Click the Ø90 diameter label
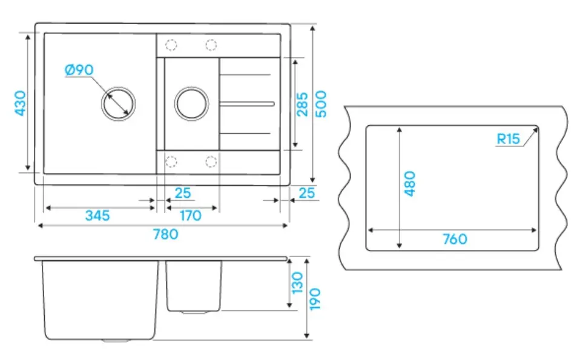[x=79, y=70]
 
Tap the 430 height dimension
[x=20, y=103]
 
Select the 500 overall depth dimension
[x=321, y=103]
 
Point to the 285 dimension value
[x=302, y=105]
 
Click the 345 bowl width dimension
[x=97, y=215]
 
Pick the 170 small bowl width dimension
[x=190, y=215]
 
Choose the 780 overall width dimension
[x=166, y=234]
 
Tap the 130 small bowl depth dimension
[x=297, y=283]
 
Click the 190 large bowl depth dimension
[x=315, y=299]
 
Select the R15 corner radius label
[x=509, y=139]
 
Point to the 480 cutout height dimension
[x=409, y=183]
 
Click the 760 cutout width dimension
[x=455, y=239]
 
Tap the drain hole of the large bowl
[x=118, y=104]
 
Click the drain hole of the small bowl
[x=191, y=104]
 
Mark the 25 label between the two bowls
[x=183, y=193]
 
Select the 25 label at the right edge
[x=307, y=193]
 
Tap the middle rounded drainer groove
[x=247, y=104]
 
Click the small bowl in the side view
[x=193, y=286]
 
